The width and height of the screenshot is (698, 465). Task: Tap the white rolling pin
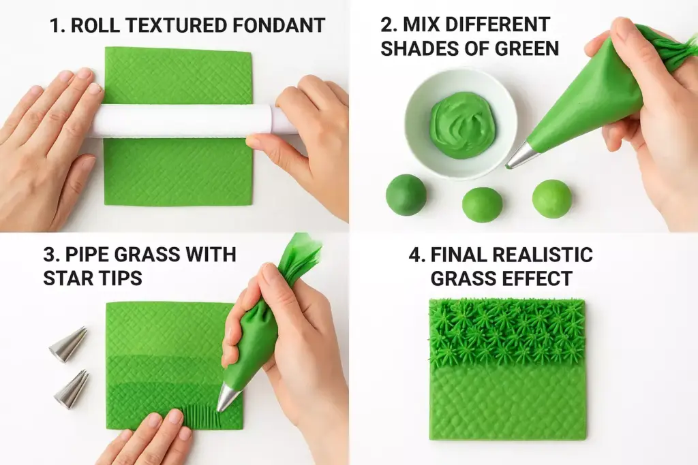(184, 121)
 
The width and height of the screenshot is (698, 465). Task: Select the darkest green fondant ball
(406, 195)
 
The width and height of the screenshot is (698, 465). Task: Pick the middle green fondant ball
(482, 204)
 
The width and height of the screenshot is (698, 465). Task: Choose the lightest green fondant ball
(551, 199)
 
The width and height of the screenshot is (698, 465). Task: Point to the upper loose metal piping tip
(68, 344)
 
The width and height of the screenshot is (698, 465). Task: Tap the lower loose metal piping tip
(72, 389)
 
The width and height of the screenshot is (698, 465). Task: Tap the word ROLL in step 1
(93, 26)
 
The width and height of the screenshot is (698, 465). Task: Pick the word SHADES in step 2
(419, 49)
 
